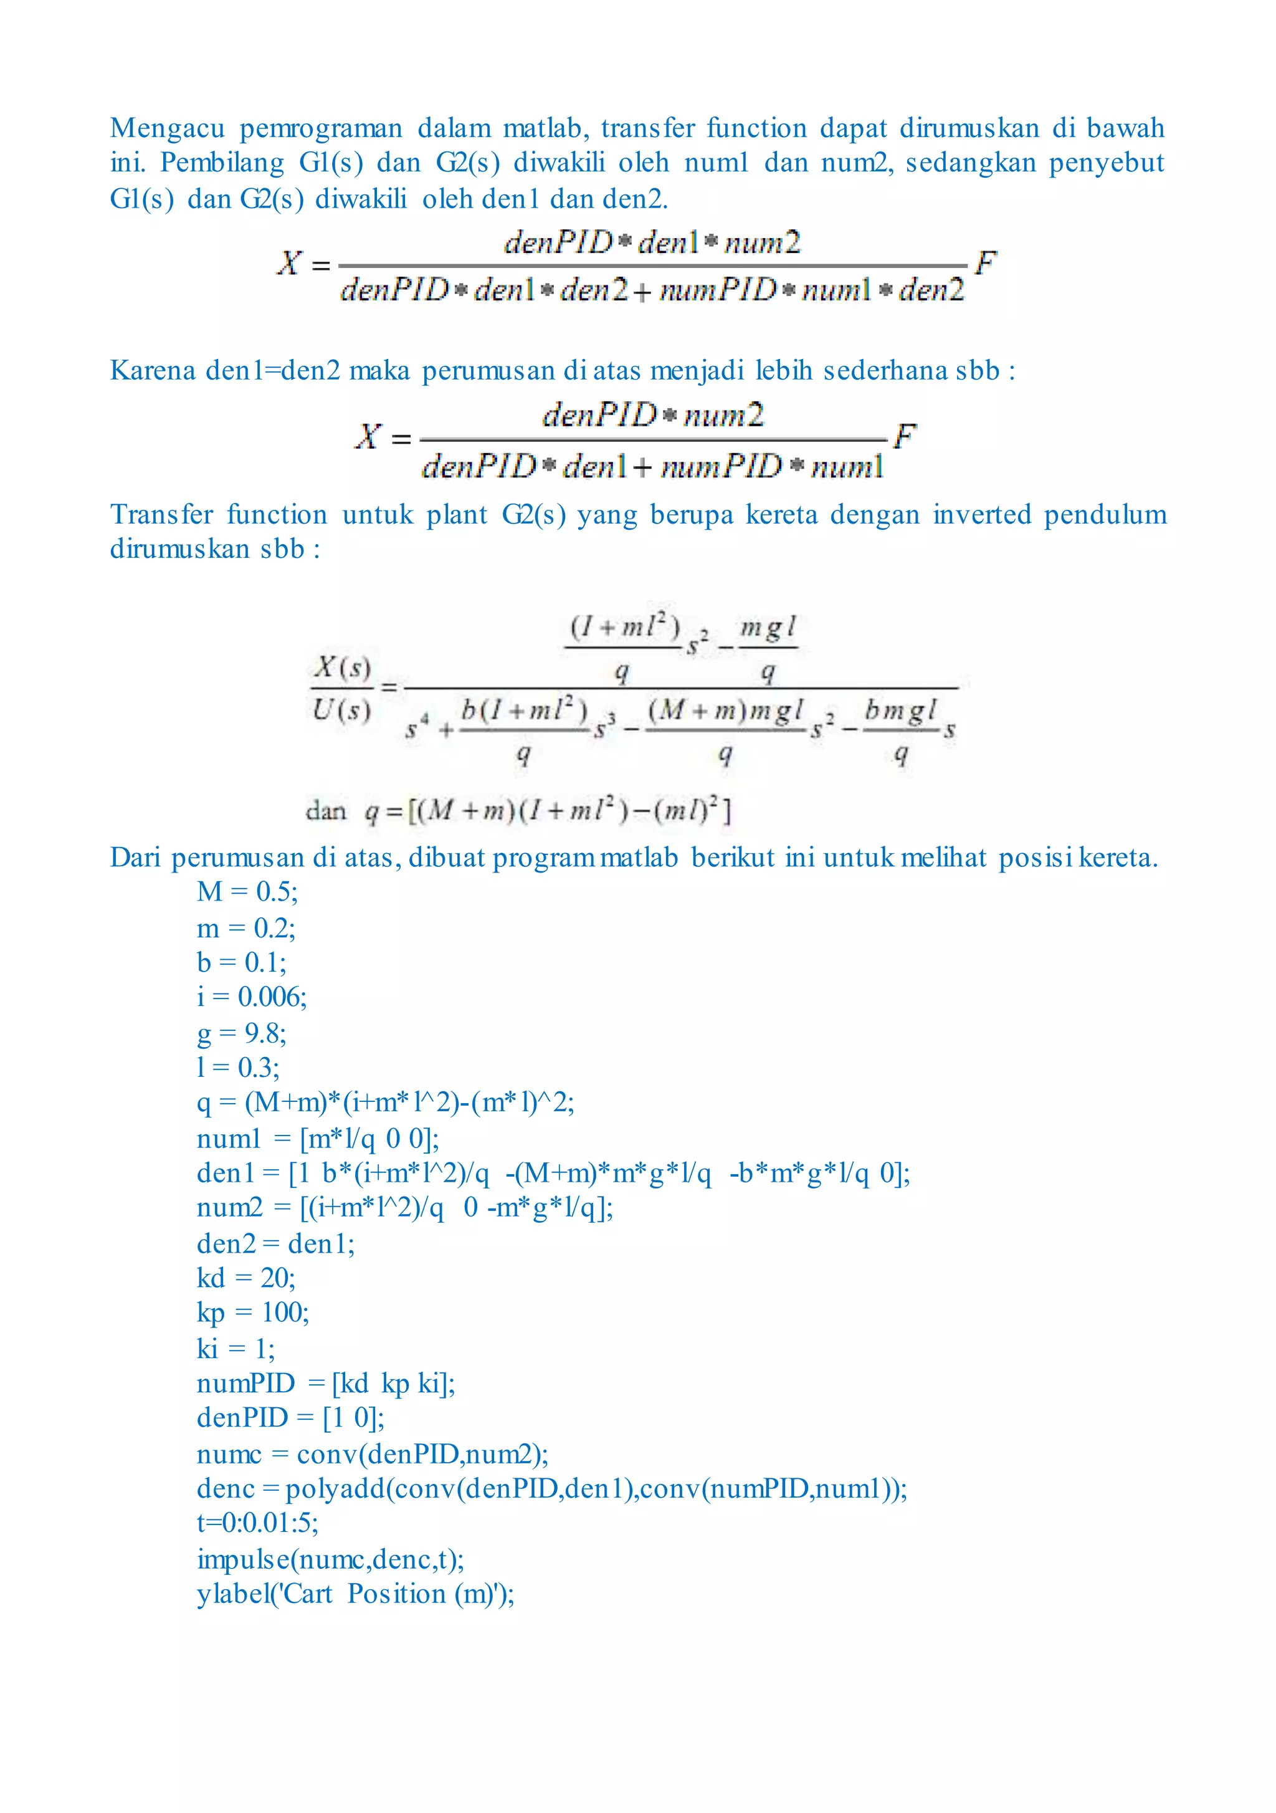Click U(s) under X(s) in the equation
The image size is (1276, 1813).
[x=341, y=710]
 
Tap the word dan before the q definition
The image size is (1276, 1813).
[x=325, y=811]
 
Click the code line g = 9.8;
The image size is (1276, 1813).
[x=242, y=1033]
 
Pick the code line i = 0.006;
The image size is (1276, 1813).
[x=252, y=997]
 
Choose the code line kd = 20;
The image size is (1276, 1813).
[x=245, y=1278]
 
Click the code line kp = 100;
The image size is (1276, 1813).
[x=253, y=1313]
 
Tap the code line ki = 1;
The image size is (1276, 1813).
[x=236, y=1349]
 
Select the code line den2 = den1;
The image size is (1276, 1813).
[x=275, y=1244]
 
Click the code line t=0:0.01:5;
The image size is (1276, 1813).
[x=257, y=1523]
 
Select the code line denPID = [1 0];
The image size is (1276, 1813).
[x=290, y=1418]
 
